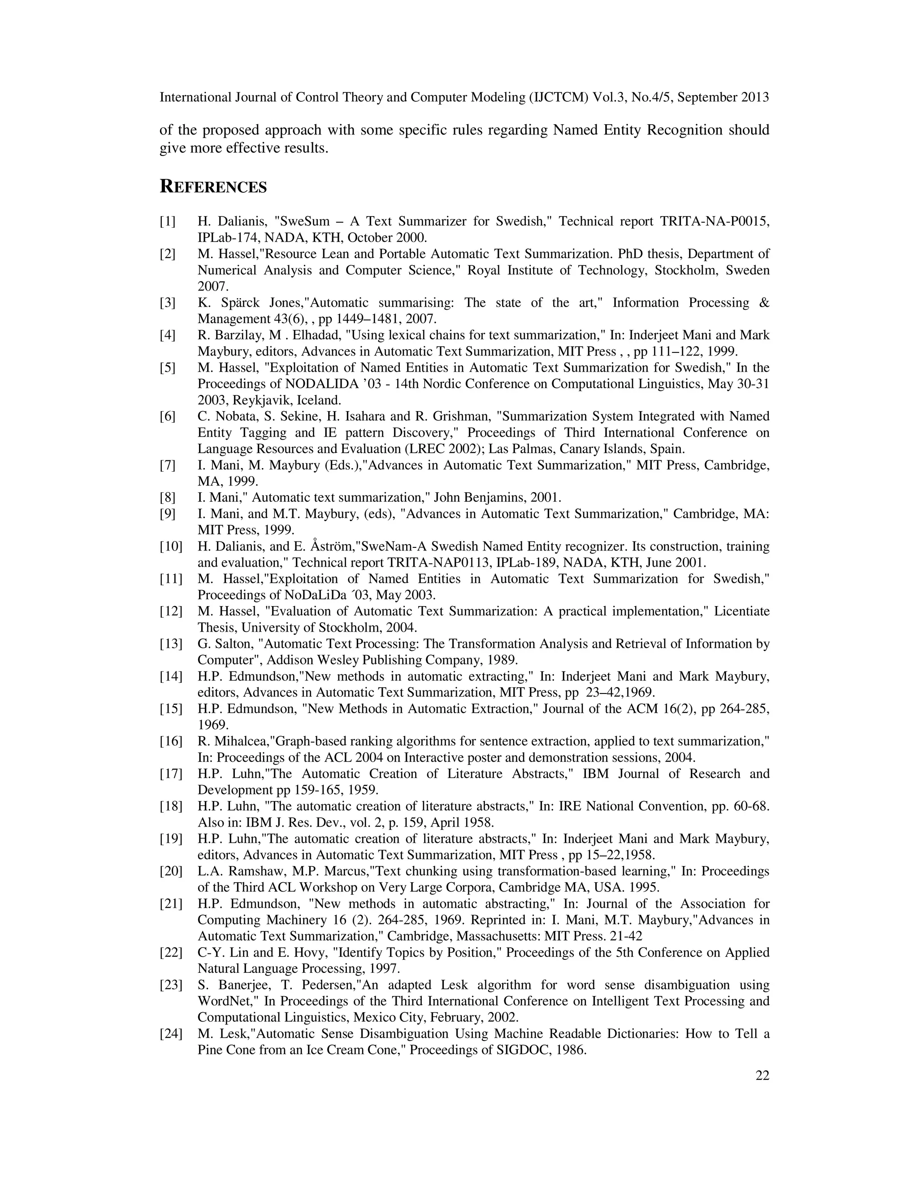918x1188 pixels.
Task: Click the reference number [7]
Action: pos(168,465)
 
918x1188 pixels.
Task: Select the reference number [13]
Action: pos(171,644)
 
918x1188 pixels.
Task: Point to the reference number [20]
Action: pos(171,871)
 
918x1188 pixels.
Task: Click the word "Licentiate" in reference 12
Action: pos(742,611)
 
